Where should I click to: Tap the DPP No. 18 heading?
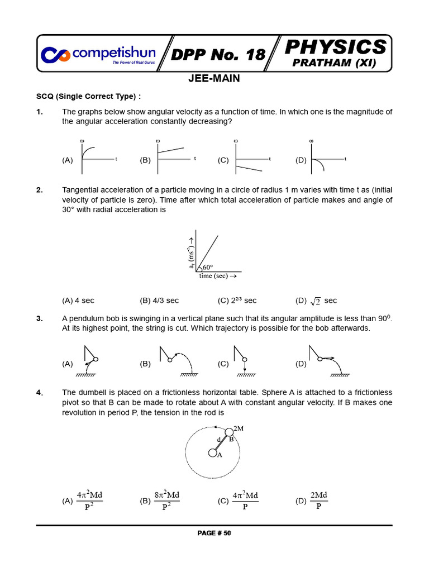pyautogui.click(x=218, y=54)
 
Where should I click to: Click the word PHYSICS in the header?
pyautogui.click(x=335, y=46)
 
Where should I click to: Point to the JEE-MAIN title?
pyautogui.click(x=214, y=79)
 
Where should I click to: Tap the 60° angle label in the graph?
pyautogui.click(x=208, y=267)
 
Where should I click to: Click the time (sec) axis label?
pyautogui.click(x=217, y=276)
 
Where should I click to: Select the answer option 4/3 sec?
pyautogui.click(x=159, y=301)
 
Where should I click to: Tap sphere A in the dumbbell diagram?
pyautogui.click(x=212, y=453)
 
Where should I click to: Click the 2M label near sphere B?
pyautogui.click(x=239, y=428)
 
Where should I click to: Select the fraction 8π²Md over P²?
pyautogui.click(x=167, y=500)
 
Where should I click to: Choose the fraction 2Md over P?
pyautogui.click(x=318, y=500)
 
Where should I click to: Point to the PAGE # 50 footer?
pyautogui.click(x=214, y=533)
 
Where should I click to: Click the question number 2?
pyautogui.click(x=40, y=190)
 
